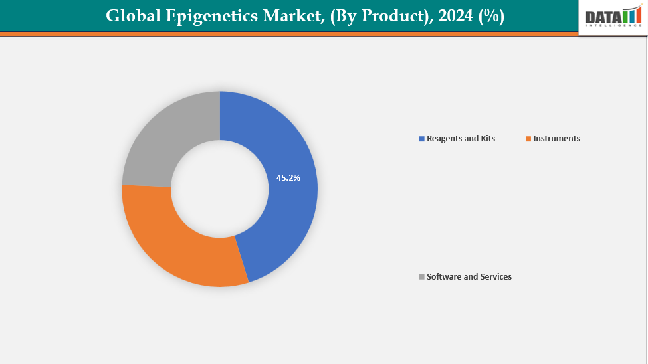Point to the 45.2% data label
(x=288, y=178)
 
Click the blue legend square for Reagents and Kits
(x=421, y=139)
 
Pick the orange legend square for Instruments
(x=528, y=139)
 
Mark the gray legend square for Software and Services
(x=421, y=277)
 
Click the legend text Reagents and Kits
(x=461, y=139)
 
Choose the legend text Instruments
(x=556, y=139)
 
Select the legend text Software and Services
(x=469, y=277)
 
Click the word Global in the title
(x=132, y=17)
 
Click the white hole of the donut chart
(x=220, y=189)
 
